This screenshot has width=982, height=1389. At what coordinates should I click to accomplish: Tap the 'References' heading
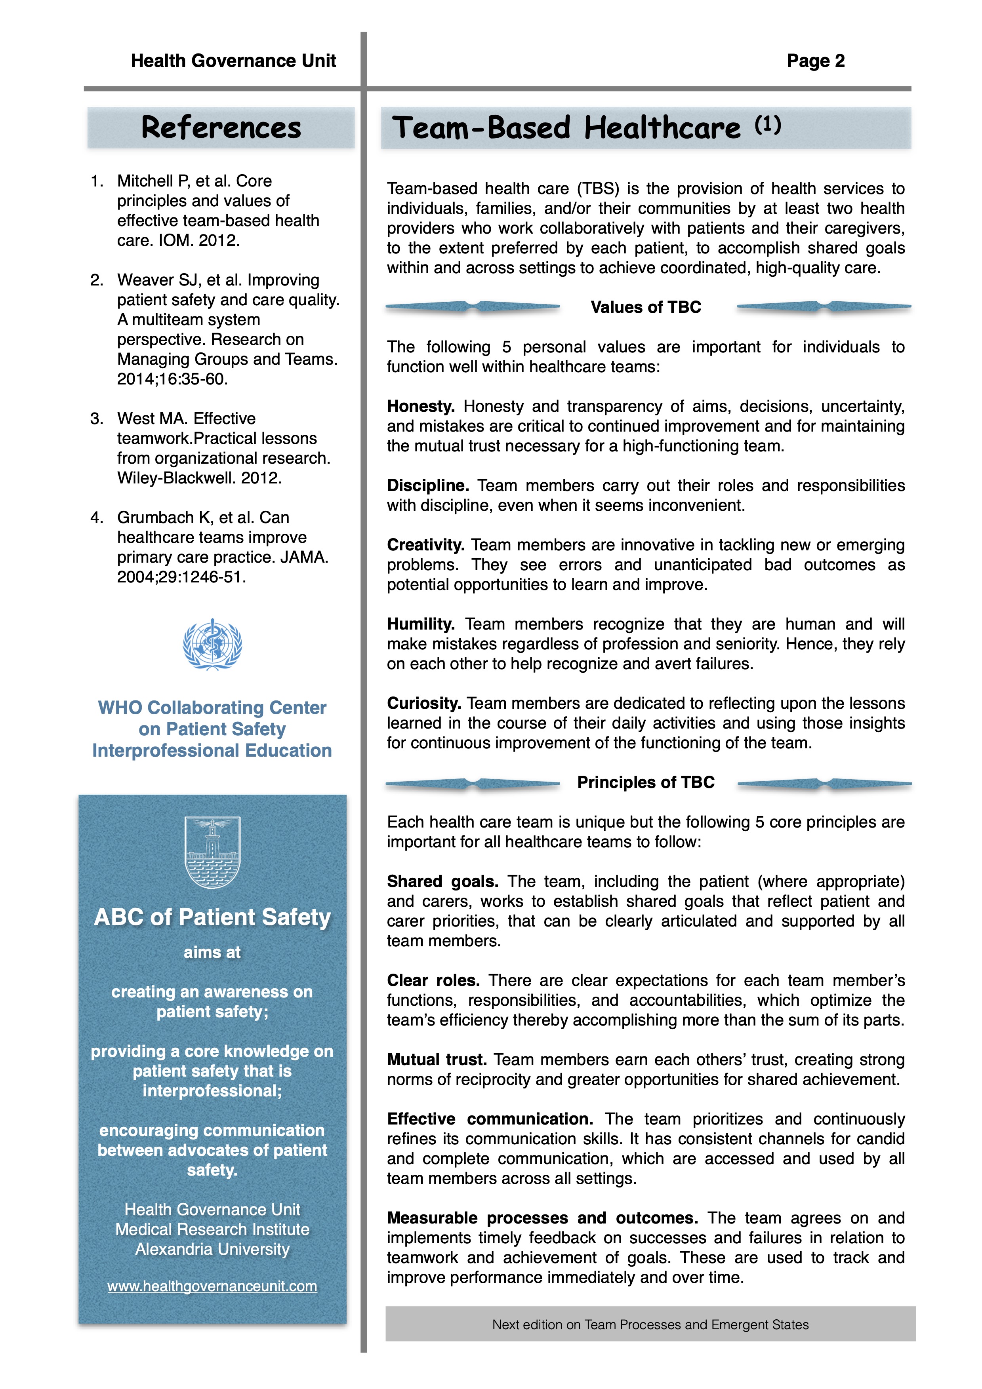(221, 127)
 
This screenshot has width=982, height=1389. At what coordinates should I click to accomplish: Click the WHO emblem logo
(212, 644)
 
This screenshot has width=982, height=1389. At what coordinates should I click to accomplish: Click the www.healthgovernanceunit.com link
(212, 1286)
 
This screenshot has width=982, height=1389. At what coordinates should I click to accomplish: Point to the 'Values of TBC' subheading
(646, 307)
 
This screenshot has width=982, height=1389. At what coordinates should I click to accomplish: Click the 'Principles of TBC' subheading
(646, 782)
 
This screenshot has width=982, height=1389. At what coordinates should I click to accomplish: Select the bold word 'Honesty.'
(421, 407)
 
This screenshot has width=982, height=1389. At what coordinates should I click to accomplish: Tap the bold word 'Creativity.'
(425, 545)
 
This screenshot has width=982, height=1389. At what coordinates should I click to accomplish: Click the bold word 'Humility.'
(421, 624)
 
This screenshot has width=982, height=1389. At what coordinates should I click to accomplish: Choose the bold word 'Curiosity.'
(423, 704)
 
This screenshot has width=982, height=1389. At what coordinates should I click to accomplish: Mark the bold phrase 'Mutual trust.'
(437, 1060)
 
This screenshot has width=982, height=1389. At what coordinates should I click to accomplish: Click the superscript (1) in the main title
(768, 125)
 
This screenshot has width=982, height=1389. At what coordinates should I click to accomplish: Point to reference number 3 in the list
(97, 419)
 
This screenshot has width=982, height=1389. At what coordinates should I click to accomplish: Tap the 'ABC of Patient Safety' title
(212, 917)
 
